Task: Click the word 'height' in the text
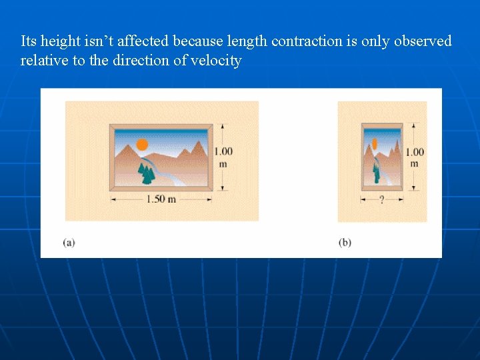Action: [x=61, y=41]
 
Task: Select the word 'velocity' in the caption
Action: [x=216, y=61]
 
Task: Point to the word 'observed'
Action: [x=423, y=41]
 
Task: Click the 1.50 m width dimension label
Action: [x=161, y=199]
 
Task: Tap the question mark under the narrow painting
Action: [x=381, y=199]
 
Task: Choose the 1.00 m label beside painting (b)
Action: [x=414, y=157]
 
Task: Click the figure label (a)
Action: [x=69, y=242]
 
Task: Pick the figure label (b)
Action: [x=345, y=242]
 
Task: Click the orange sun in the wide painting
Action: [x=142, y=144]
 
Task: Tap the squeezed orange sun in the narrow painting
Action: [x=375, y=143]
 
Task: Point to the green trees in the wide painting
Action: [x=146, y=174]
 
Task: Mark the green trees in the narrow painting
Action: [x=376, y=174]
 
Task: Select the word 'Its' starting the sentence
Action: [x=29, y=41]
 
